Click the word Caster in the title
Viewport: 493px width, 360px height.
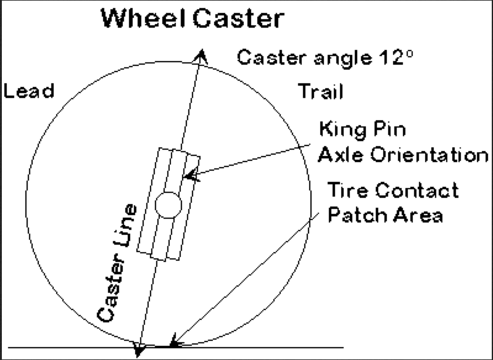click(238, 18)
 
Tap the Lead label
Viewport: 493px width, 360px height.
click(29, 91)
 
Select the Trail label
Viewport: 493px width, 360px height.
click(321, 92)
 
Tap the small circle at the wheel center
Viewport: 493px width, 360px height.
click(168, 205)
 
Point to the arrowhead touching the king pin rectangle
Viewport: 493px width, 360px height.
click(191, 176)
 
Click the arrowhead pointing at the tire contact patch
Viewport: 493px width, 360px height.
click(175, 340)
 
